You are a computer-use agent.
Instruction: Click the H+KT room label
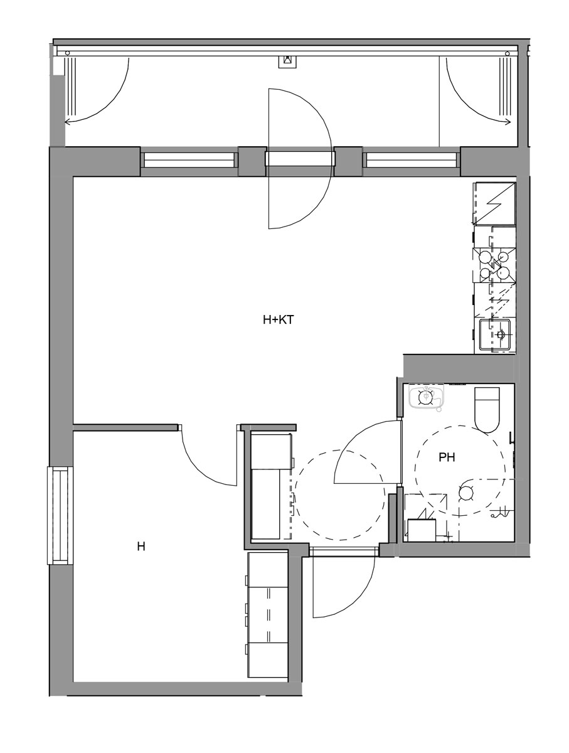coord(278,320)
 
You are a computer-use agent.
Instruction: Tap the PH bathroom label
coord(447,457)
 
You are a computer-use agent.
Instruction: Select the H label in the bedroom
coord(141,547)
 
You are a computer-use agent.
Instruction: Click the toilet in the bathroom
coord(486,410)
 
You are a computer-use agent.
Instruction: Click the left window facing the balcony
coord(189,159)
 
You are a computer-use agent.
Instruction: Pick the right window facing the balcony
coord(412,159)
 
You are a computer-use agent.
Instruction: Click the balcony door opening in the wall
coord(300,159)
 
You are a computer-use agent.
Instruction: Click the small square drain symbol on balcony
coord(288,61)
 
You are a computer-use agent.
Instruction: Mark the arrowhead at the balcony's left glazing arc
coord(67,122)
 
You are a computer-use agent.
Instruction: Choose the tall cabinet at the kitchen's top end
coord(494,204)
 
